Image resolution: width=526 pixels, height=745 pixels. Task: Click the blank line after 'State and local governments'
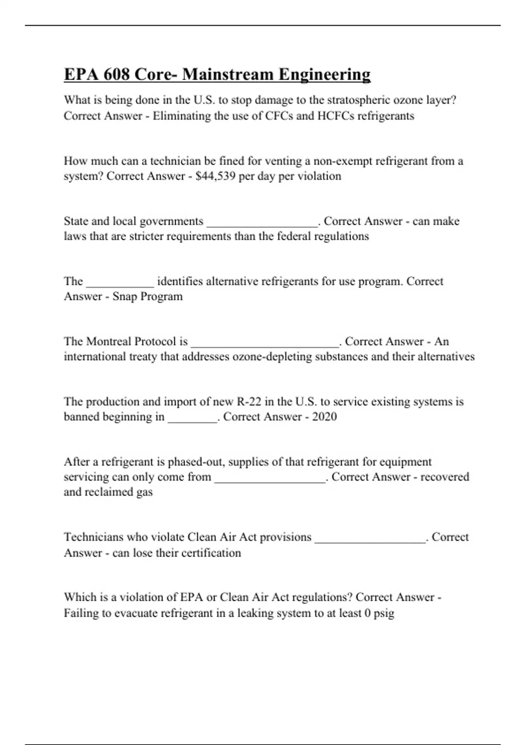click(262, 224)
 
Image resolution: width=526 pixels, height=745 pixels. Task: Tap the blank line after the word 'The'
click(120, 284)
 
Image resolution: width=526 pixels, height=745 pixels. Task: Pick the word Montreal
click(108, 341)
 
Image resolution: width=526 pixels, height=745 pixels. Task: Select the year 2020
click(324, 416)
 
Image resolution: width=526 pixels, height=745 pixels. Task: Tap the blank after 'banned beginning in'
click(192, 420)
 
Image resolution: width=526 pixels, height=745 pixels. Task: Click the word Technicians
click(94, 537)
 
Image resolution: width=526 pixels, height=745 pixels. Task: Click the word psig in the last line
click(384, 613)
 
